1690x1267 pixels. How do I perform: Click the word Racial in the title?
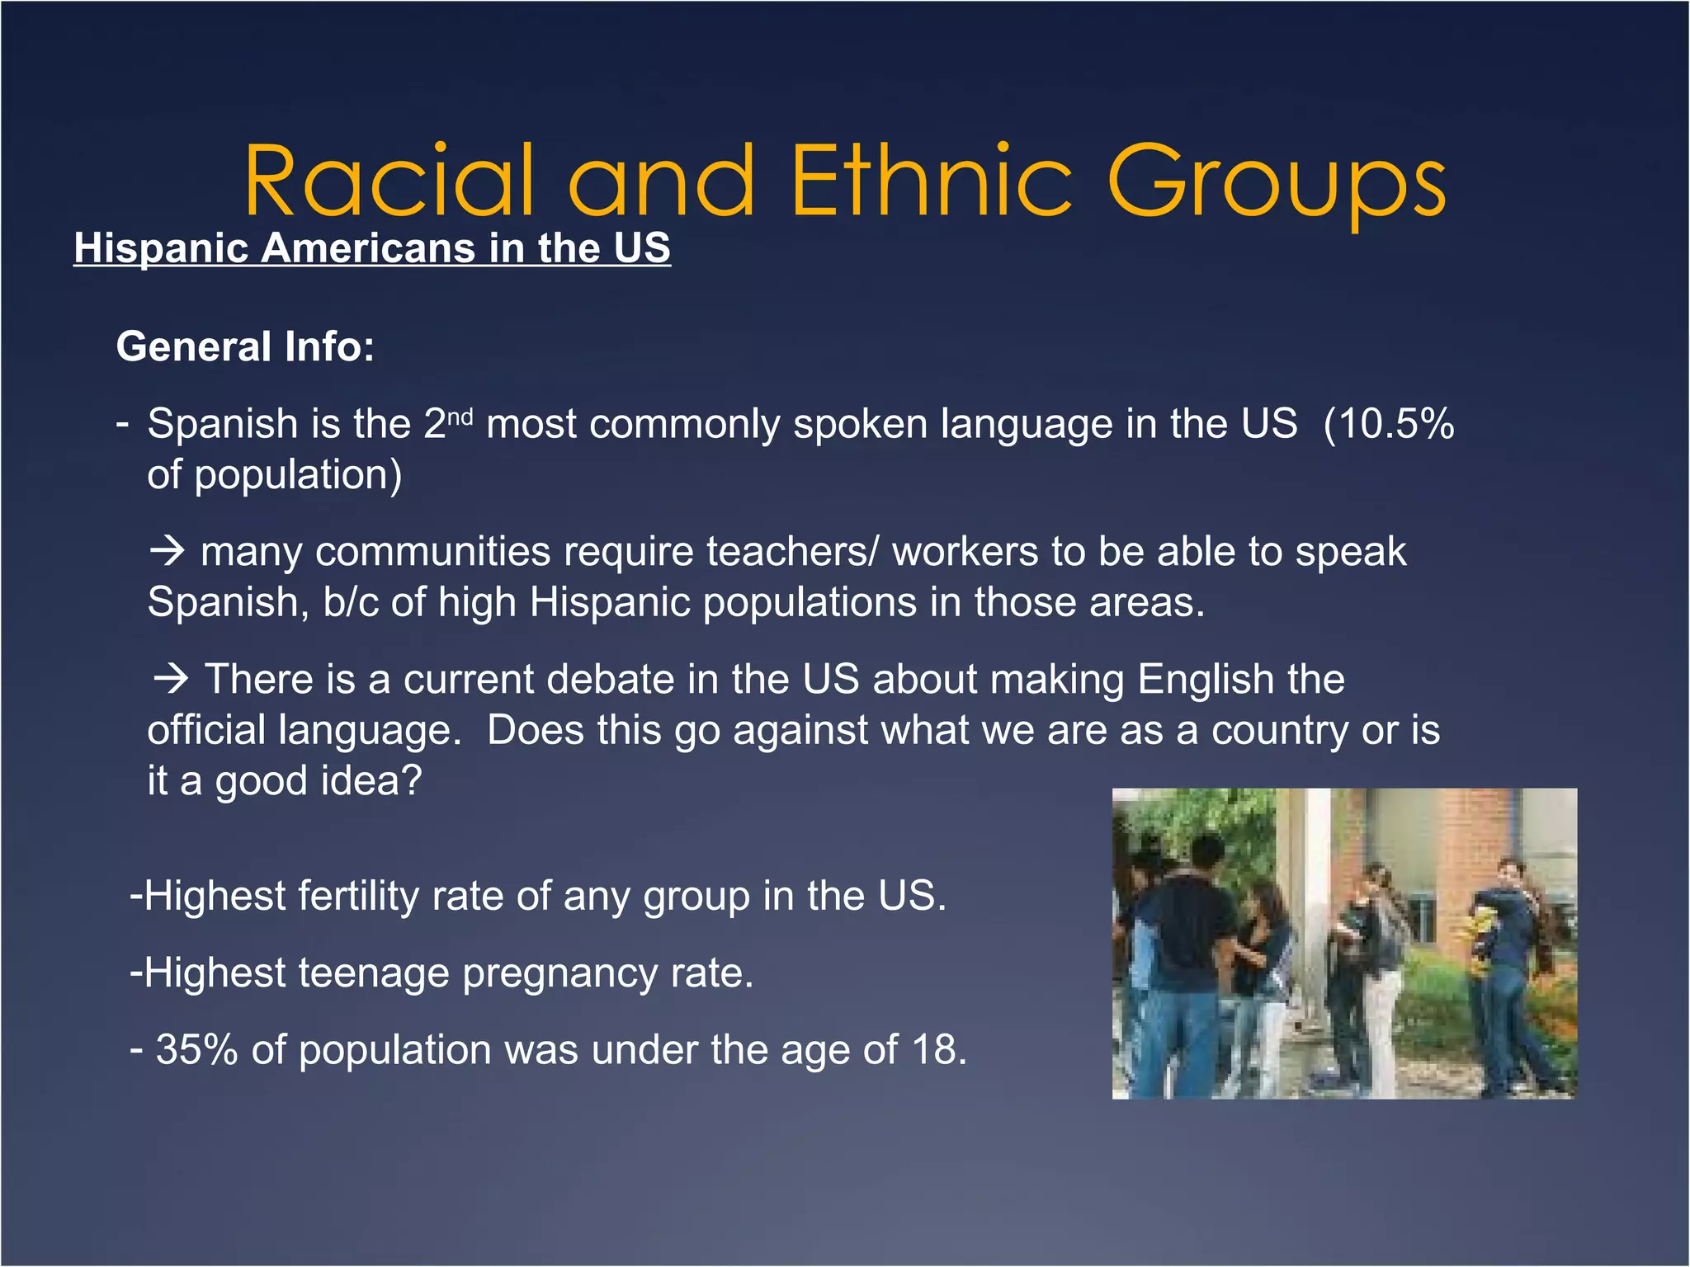389,181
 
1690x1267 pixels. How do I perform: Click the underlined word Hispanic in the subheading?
161,247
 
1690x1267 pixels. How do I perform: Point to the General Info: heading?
245,346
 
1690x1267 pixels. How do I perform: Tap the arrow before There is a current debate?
172,679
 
